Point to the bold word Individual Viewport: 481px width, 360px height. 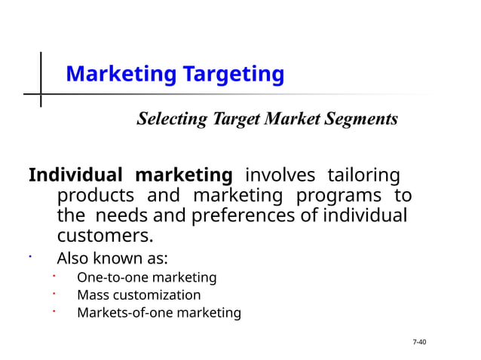(75, 176)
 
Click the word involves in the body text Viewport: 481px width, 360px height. (280, 176)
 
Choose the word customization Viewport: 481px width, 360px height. (157, 295)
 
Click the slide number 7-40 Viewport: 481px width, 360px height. (420, 343)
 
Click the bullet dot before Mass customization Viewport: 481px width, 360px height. (54, 292)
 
